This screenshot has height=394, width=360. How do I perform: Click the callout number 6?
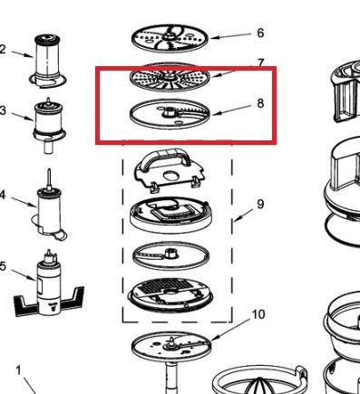click(x=260, y=33)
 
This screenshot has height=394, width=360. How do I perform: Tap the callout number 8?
click(x=260, y=103)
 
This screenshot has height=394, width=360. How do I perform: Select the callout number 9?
click(x=260, y=204)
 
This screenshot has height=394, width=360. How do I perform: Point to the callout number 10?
click(x=258, y=314)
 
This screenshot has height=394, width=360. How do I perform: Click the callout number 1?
click(x=19, y=370)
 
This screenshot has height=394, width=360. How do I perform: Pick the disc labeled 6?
click(x=170, y=38)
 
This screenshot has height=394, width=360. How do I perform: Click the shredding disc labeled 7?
click(x=170, y=77)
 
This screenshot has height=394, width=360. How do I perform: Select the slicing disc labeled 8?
click(x=170, y=113)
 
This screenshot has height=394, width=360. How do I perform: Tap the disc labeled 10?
click(x=171, y=345)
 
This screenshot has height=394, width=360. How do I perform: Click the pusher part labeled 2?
click(x=47, y=62)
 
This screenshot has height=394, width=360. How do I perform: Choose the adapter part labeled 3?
click(x=48, y=125)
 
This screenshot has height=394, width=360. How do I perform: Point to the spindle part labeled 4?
click(x=49, y=208)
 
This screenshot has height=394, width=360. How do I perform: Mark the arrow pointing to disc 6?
click(x=230, y=36)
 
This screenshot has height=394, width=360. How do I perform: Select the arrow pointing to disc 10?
click(x=230, y=331)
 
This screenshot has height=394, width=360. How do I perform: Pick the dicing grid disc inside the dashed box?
click(x=170, y=295)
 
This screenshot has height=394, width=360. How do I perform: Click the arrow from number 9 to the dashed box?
click(x=244, y=215)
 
